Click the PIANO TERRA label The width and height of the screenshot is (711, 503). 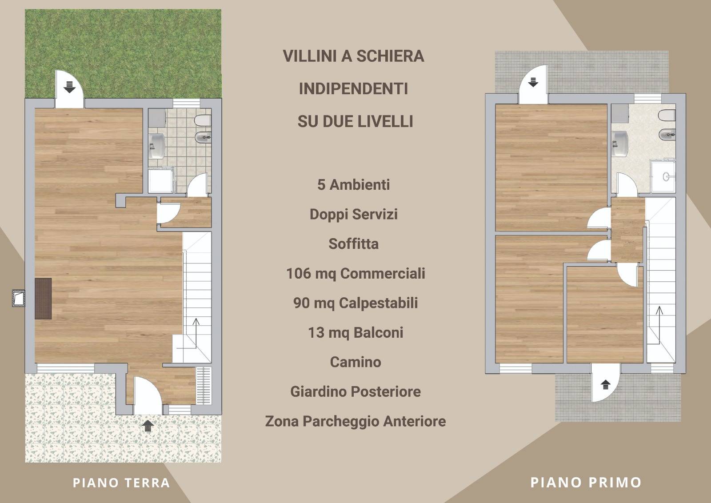(x=121, y=483)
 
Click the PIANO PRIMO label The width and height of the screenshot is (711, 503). (x=586, y=483)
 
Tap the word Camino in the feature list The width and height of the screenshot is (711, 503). (x=355, y=362)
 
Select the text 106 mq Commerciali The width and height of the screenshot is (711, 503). (x=355, y=274)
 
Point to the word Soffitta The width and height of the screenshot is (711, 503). (x=354, y=244)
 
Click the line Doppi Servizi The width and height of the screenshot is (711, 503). (x=354, y=214)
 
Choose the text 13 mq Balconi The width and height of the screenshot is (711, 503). (x=355, y=332)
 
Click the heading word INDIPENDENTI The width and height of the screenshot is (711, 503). (x=353, y=88)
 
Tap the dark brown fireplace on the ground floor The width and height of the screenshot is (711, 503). (x=43, y=299)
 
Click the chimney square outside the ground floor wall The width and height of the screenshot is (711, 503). (x=19, y=298)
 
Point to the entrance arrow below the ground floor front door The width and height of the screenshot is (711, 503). (x=148, y=426)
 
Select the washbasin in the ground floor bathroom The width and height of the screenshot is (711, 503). (x=157, y=146)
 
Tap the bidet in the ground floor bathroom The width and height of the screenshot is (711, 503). (x=203, y=137)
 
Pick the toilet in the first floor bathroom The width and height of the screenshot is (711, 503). (x=667, y=115)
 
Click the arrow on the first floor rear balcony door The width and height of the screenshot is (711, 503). (x=533, y=82)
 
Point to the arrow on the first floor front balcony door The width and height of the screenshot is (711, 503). (x=606, y=385)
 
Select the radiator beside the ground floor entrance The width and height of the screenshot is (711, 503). (x=204, y=386)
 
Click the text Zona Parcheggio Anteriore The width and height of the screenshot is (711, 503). (x=355, y=421)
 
